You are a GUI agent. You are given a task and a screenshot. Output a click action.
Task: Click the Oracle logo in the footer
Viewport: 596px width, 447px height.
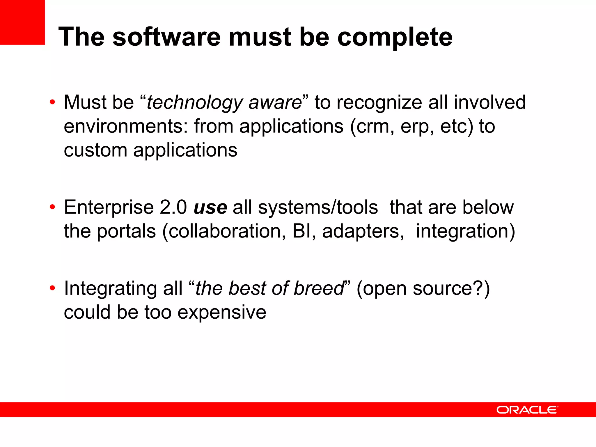527,410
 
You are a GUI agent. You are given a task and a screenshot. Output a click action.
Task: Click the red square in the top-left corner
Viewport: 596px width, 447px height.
22,22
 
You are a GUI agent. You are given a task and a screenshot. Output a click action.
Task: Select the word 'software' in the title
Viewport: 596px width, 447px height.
166,37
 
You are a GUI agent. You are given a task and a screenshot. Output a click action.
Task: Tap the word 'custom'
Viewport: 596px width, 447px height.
95,150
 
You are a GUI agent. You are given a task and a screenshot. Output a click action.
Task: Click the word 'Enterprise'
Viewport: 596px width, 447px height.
109,208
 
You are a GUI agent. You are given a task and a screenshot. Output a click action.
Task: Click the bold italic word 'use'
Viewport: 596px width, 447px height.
210,208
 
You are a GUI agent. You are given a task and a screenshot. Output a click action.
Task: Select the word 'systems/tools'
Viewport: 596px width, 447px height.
318,207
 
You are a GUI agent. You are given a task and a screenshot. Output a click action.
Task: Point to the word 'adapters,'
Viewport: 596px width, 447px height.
363,232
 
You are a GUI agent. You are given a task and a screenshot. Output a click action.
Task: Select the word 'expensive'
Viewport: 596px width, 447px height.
222,312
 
